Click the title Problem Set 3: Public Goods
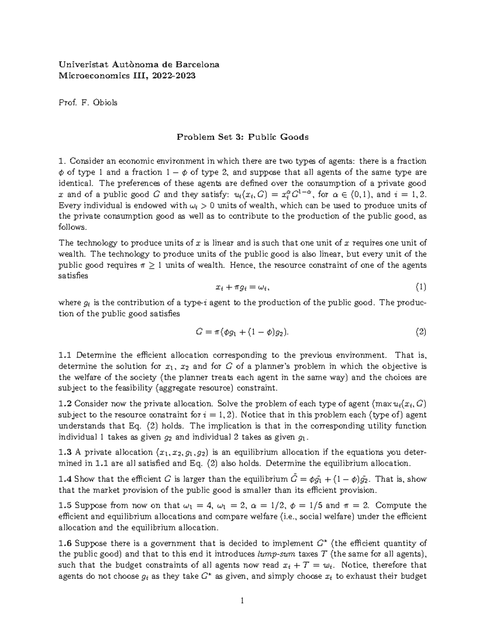243,137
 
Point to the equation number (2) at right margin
420,332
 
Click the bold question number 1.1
65,355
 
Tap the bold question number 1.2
65,404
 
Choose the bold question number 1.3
65,452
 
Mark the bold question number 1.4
65,479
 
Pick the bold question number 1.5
65,506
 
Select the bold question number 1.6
65,543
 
